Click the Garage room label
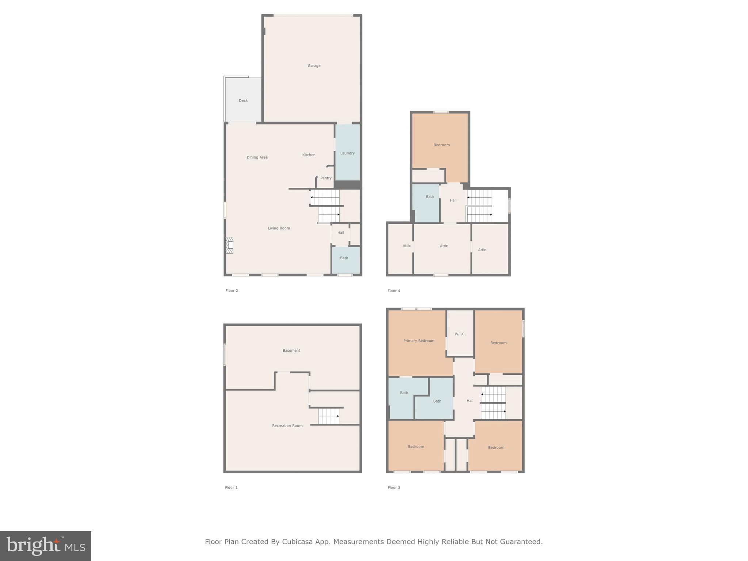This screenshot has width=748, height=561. [314, 66]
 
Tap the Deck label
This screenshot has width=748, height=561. [243, 100]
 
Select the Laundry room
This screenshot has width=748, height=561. [347, 153]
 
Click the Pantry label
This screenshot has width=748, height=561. [326, 178]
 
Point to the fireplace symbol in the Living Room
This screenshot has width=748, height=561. [229, 245]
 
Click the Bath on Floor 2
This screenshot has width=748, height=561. [344, 258]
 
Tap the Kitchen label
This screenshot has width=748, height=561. [309, 155]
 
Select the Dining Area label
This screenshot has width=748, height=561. [257, 157]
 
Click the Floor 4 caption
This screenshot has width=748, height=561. [394, 291]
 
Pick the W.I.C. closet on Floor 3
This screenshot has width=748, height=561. [460, 334]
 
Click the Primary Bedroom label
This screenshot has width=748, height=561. [419, 341]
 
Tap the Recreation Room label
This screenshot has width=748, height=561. [287, 425]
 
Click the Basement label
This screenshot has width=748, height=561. [291, 350]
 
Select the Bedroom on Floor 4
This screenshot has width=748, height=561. [441, 145]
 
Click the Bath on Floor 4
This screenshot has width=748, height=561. [430, 196]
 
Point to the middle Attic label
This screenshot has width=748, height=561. [443, 246]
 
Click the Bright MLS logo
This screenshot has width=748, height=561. [46, 546]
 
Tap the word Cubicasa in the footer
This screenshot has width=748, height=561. [297, 542]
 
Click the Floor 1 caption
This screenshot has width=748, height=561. [231, 487]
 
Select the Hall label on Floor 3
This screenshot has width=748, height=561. [470, 401]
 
